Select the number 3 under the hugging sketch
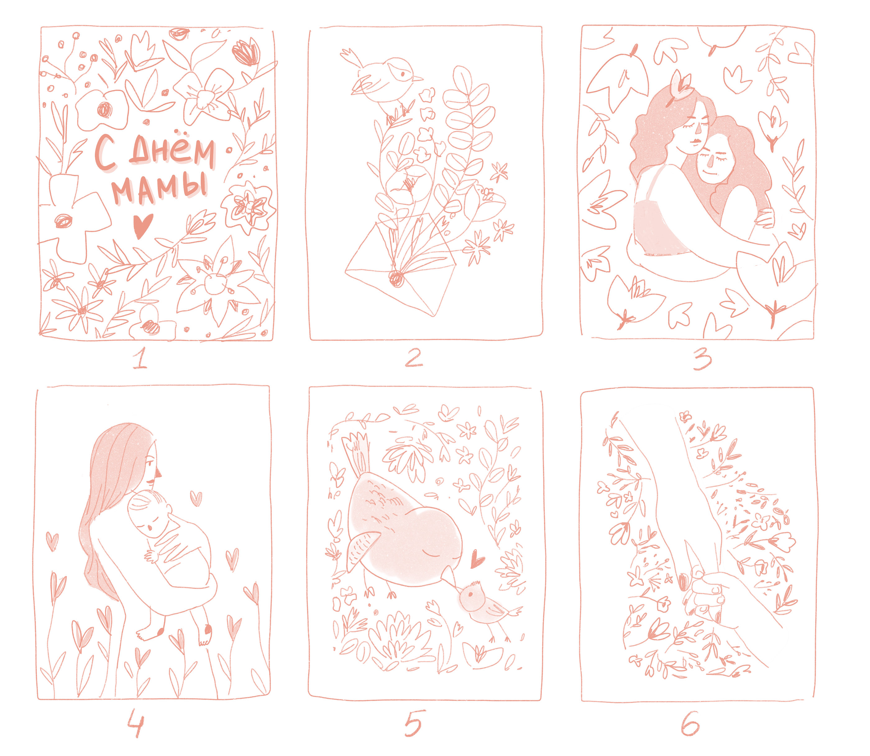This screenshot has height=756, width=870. tap(701, 359)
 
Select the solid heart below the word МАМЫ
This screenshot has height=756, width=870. tap(142, 226)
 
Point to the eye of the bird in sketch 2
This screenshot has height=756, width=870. tap(402, 74)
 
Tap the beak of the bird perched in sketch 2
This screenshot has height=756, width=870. tap(418, 79)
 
